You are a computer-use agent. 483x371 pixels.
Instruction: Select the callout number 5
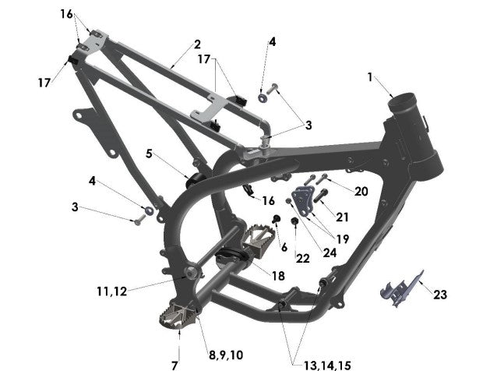click(149, 154)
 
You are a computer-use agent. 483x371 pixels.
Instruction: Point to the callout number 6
click(284, 246)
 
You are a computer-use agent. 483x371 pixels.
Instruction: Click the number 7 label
click(175, 364)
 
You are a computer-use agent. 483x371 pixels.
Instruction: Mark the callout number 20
click(361, 192)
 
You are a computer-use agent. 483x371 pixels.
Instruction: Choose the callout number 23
click(440, 295)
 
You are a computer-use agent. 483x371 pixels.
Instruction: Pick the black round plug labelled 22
click(294, 222)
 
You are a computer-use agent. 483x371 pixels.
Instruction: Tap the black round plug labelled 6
click(276, 217)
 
